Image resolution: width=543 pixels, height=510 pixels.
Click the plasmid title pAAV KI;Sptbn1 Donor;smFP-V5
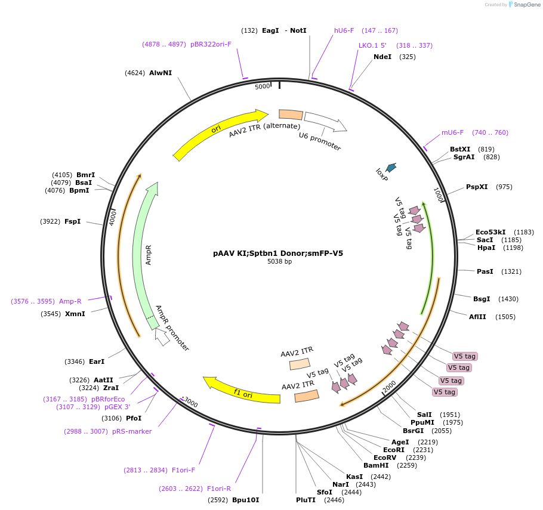pos(278,253)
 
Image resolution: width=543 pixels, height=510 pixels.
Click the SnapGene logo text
pos(527,5)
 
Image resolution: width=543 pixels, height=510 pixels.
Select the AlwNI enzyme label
pos(161,73)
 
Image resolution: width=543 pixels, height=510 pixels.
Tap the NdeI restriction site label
pos(382,57)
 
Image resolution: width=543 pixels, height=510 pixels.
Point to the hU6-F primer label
pos(344,30)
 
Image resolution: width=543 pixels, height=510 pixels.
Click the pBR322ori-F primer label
pos(211,44)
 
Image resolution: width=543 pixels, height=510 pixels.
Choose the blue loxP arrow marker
pos(391,168)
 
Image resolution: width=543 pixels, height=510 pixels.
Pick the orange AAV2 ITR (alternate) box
pos(291,115)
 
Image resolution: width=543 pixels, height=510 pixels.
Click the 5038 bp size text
pos(279,262)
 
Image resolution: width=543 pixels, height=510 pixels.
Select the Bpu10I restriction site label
pos(246,500)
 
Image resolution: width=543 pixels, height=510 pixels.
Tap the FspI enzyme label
pos(72,221)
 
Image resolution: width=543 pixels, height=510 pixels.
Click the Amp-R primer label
pos(70,301)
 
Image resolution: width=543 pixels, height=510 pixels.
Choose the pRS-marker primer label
pos(132,431)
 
